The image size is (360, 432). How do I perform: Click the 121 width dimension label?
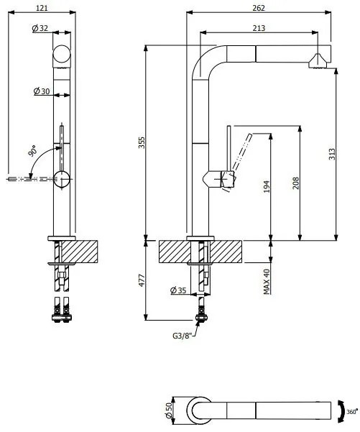coord(42,8)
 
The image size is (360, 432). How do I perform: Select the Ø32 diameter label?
coord(40,28)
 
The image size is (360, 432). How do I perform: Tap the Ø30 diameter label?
coord(42,91)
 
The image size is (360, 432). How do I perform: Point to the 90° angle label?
coord(33,151)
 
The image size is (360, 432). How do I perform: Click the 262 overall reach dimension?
coord(259,8)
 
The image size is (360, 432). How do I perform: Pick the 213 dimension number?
coord(259,28)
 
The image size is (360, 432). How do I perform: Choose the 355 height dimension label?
coord(142,142)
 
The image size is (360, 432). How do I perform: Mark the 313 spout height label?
coord(332,154)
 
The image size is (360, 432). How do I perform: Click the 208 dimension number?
coord(295,183)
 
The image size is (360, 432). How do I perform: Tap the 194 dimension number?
coord(267,186)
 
